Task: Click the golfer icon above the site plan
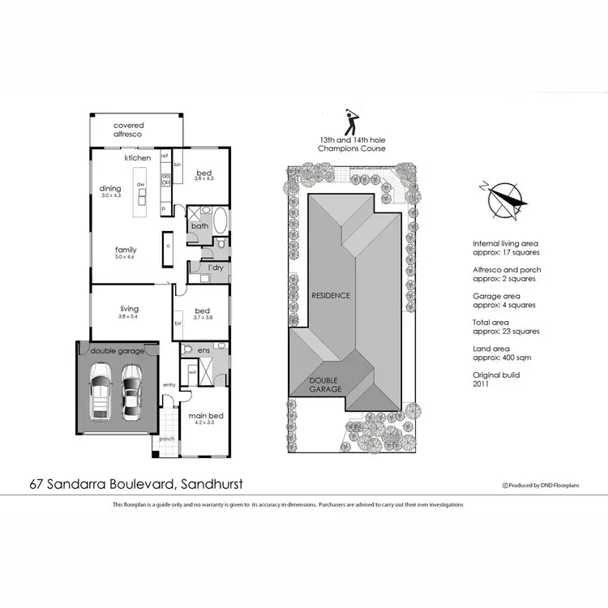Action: click(x=351, y=124)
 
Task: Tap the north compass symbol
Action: click(x=503, y=198)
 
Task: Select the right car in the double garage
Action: click(x=131, y=389)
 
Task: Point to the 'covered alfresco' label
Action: click(x=128, y=130)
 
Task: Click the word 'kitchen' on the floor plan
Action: click(x=138, y=158)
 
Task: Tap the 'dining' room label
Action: click(x=110, y=189)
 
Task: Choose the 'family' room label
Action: click(x=126, y=250)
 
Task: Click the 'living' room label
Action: click(x=129, y=309)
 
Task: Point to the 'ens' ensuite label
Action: click(x=203, y=351)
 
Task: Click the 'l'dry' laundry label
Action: click(x=216, y=267)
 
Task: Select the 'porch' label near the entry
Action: click(x=167, y=439)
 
